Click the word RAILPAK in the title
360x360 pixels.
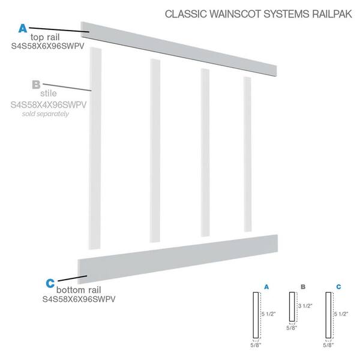[x=332, y=14]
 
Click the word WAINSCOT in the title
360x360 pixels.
[x=235, y=14]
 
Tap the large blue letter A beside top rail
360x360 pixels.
[x=23, y=28]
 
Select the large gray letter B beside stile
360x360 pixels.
[x=36, y=85]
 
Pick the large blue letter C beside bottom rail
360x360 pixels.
[x=50, y=283]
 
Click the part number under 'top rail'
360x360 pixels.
[x=48, y=46]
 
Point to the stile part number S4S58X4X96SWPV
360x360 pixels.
[x=49, y=105]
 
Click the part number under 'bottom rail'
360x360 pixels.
[x=79, y=299]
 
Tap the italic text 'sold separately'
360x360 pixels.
[x=46, y=114]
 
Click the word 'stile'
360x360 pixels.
[x=49, y=93]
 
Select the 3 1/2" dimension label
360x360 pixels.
[x=305, y=306]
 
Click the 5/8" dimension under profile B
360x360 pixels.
[x=292, y=328]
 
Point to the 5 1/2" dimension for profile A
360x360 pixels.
[x=269, y=314]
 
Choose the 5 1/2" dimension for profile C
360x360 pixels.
[x=341, y=314]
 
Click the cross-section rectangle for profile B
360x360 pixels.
[x=292, y=307]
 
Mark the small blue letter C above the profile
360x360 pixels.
[x=338, y=287]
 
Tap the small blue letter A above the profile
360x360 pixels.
[x=266, y=287]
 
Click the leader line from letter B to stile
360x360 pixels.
[x=67, y=88]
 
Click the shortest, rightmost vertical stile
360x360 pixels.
[x=247, y=154]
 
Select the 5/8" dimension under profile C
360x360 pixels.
[x=328, y=345]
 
